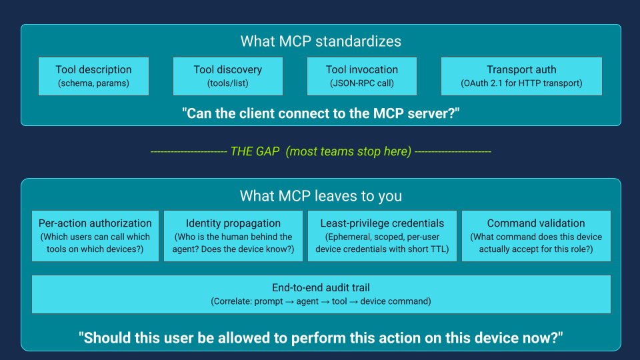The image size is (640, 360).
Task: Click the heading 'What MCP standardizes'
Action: click(x=321, y=41)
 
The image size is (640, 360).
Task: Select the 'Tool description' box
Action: click(x=93, y=76)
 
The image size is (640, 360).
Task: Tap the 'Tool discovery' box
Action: click(x=228, y=76)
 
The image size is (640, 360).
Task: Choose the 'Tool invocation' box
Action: click(x=362, y=76)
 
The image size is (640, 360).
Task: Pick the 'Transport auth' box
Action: click(x=521, y=76)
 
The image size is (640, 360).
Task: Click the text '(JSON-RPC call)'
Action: click(x=362, y=84)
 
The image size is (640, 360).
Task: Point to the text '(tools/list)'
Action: click(x=228, y=84)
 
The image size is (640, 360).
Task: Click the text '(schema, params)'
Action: click(x=93, y=84)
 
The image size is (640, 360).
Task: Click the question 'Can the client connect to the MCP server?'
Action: click(x=321, y=113)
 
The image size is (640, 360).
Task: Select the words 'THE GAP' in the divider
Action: click(x=255, y=151)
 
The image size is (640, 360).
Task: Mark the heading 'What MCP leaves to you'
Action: click(x=321, y=196)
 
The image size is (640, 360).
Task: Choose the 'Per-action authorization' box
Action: click(x=95, y=236)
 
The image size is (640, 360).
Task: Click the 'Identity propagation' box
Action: click(x=233, y=236)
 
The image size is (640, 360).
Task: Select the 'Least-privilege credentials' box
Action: click(x=382, y=236)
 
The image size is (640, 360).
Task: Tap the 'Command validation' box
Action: click(x=536, y=236)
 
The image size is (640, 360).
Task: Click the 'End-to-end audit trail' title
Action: click(x=321, y=288)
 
